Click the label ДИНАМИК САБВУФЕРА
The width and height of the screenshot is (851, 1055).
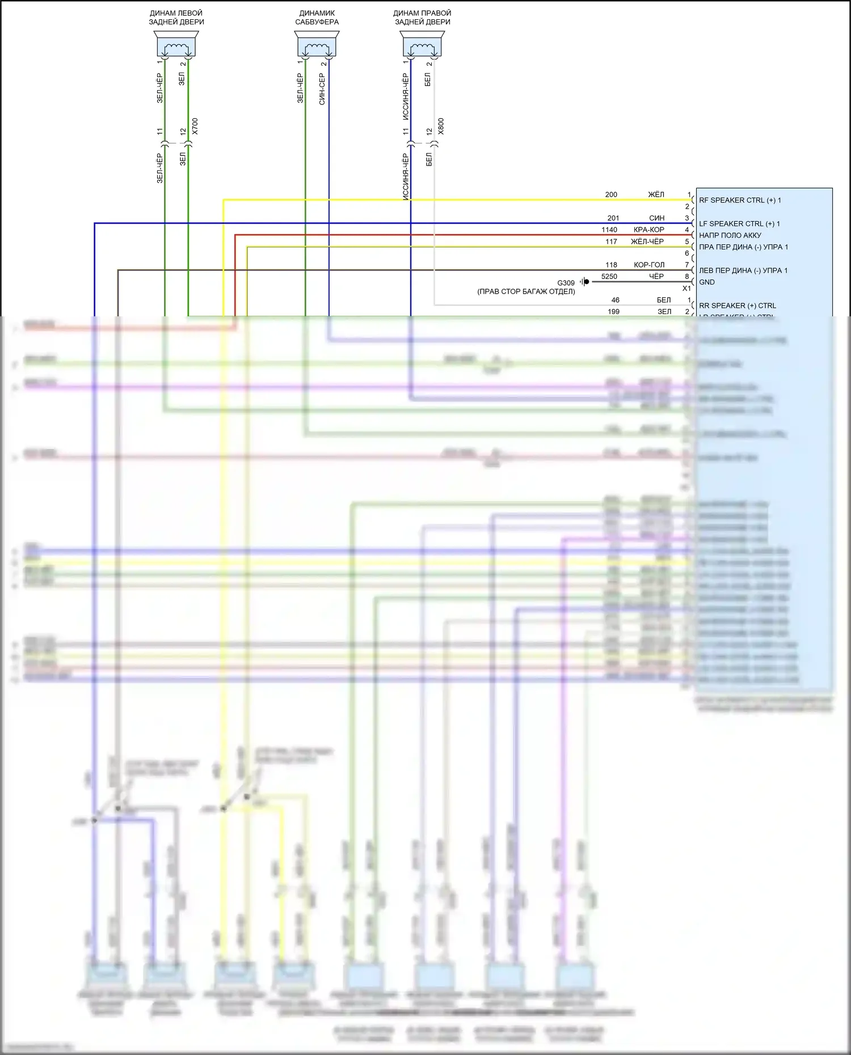[317, 18]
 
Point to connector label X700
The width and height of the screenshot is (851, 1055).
[195, 126]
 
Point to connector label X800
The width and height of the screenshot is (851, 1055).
[441, 126]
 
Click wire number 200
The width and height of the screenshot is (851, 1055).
[611, 194]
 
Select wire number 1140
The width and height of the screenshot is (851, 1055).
[609, 230]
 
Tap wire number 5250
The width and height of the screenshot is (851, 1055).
[609, 277]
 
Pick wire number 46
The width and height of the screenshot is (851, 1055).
[615, 300]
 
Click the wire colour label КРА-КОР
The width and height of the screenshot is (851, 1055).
[648, 230]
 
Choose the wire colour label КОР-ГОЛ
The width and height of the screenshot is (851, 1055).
[649, 265]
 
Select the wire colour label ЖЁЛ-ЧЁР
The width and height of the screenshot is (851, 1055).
[647, 241]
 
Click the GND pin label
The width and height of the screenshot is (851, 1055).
[707, 282]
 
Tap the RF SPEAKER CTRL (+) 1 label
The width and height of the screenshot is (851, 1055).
[740, 200]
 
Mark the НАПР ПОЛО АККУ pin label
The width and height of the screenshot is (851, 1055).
[730, 235]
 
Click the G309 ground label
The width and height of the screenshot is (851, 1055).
[566, 283]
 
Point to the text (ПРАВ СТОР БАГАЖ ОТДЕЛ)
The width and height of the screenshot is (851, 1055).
[526, 291]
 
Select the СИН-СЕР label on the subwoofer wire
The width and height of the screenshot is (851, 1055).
[322, 89]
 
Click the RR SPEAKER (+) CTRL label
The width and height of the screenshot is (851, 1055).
[738, 306]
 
